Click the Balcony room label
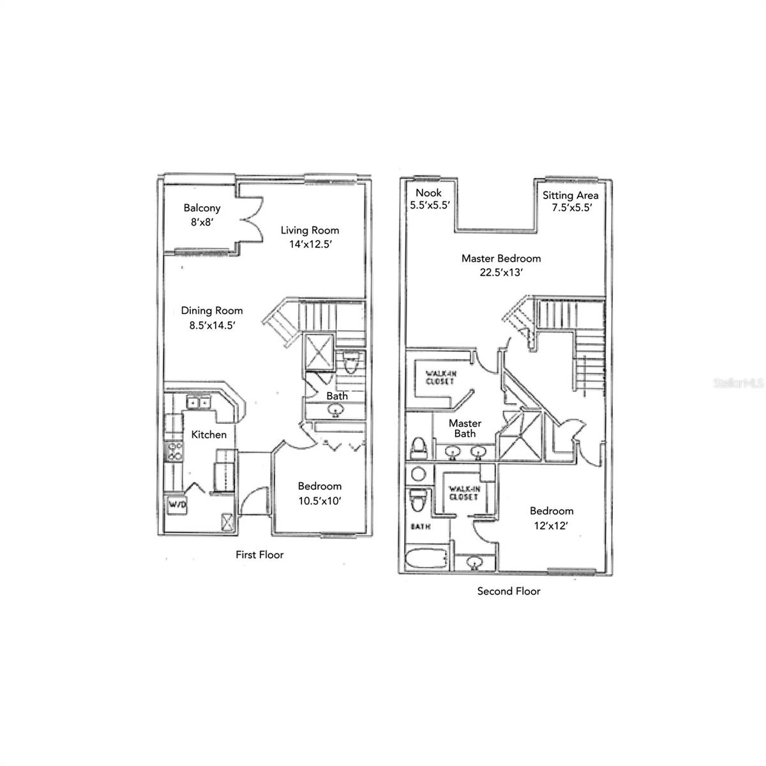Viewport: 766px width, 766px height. click(x=202, y=208)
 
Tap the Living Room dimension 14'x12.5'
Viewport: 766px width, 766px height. click(x=310, y=244)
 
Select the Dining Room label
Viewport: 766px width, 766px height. click(x=212, y=311)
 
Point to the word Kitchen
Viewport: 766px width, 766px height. click(x=209, y=435)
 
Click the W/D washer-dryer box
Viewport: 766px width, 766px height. click(x=177, y=506)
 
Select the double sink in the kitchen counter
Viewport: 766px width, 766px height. click(x=198, y=402)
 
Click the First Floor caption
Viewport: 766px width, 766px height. click(x=259, y=555)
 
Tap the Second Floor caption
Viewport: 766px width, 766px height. click(x=509, y=591)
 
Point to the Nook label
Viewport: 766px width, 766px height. click(x=428, y=193)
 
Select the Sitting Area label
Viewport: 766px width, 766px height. click(x=570, y=195)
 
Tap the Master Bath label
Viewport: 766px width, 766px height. click(x=465, y=428)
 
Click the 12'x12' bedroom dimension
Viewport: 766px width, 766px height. click(x=551, y=525)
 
